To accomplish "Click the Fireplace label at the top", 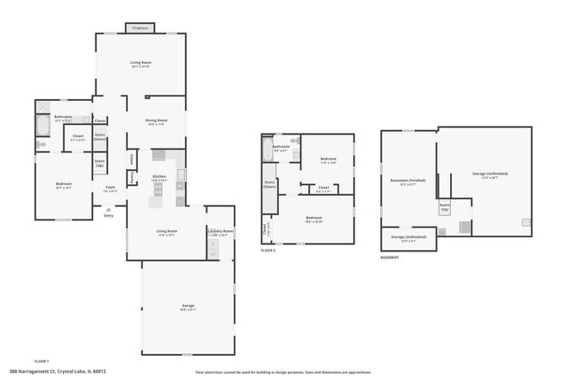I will click(141, 28).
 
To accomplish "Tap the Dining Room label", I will click(157, 122).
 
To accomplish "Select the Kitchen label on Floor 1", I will click(159, 178).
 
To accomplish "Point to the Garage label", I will click(188, 305).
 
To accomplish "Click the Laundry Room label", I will click(221, 232).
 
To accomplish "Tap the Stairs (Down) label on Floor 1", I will click(100, 136).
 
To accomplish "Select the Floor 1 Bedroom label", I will click(64, 185).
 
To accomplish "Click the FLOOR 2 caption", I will click(268, 251).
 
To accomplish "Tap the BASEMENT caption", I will click(390, 258).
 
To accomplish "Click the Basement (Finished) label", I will click(408, 181).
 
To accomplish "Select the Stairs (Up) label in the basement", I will click(445, 207).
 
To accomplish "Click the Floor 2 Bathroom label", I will click(282, 146).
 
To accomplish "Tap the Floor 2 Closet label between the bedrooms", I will click(323, 188).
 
